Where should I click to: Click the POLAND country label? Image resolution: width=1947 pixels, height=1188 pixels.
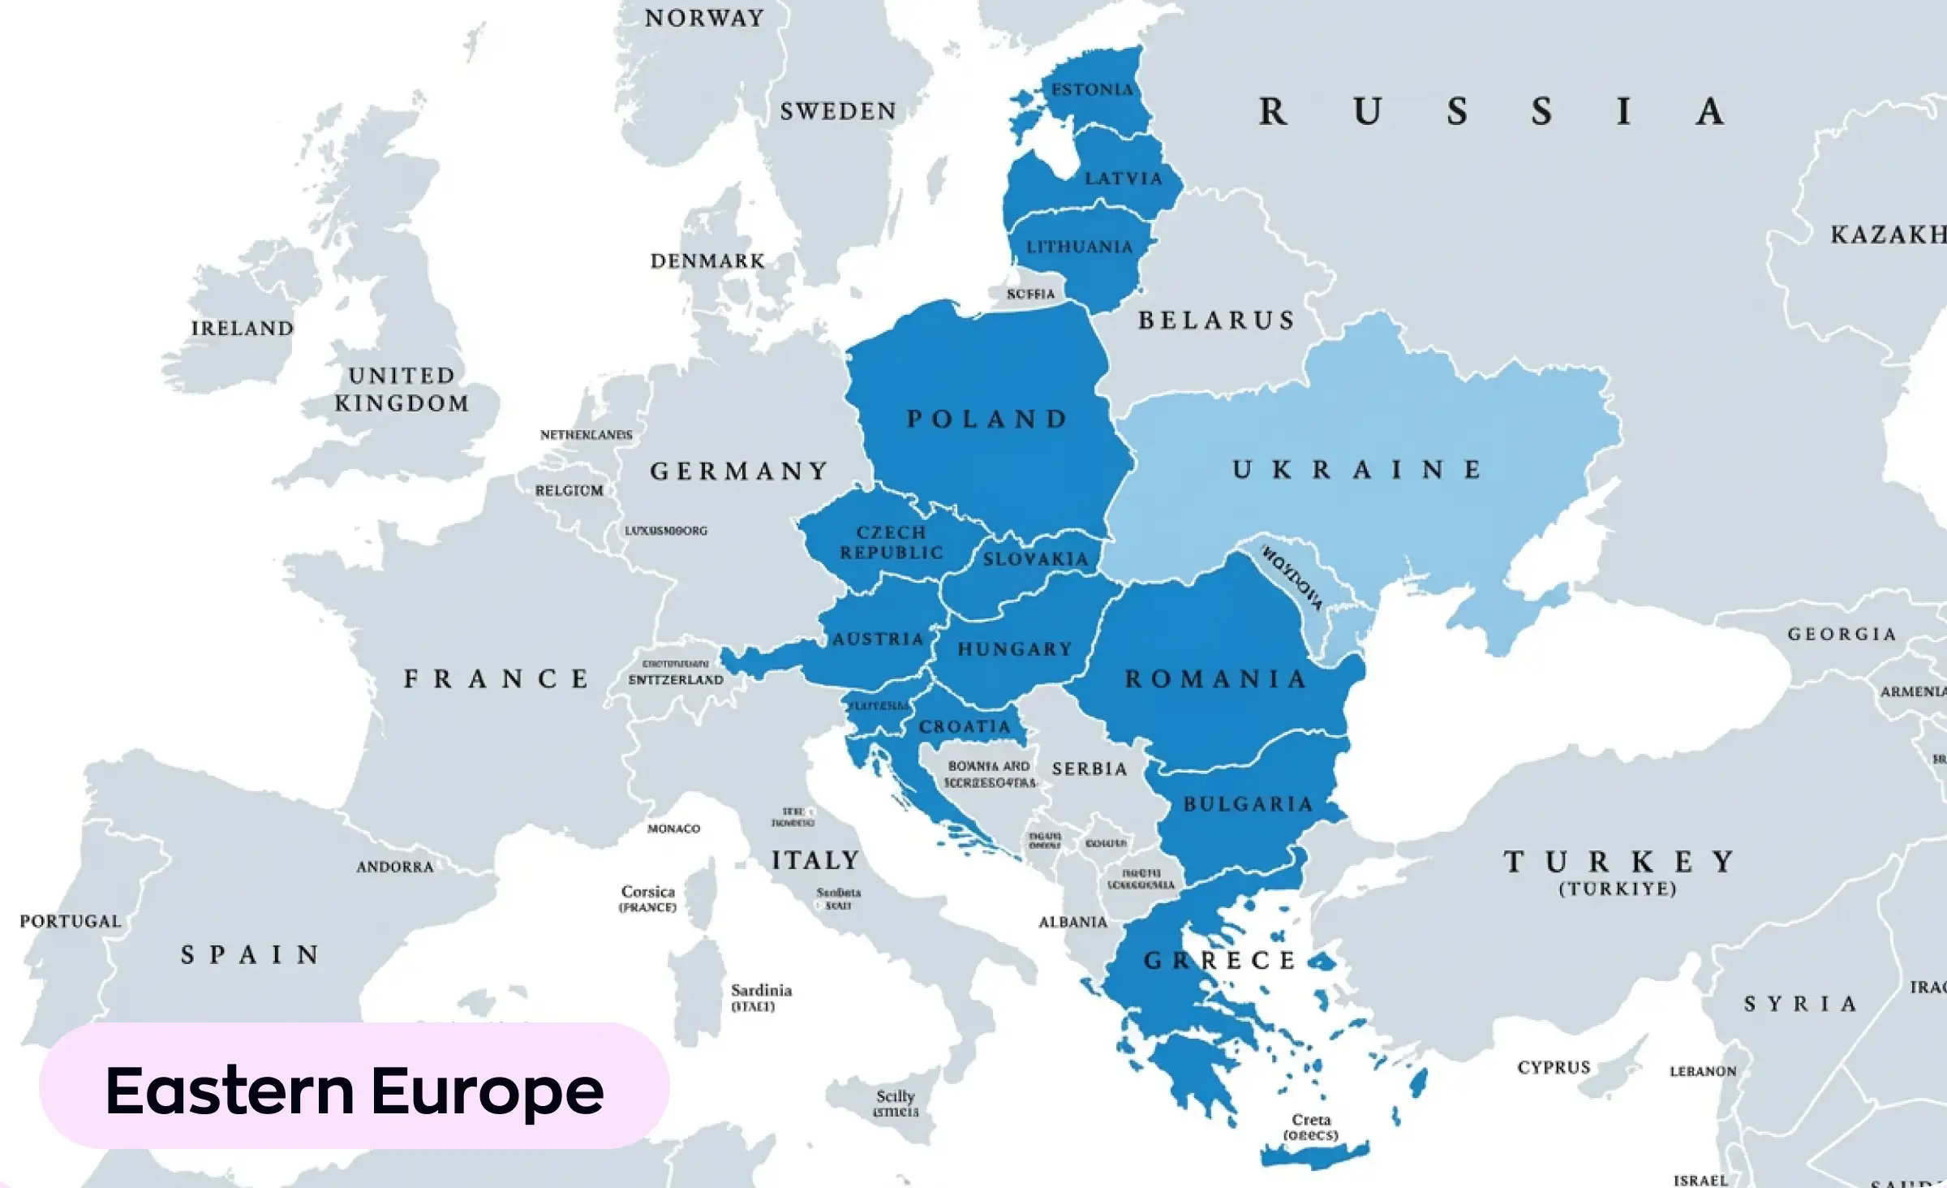click(986, 420)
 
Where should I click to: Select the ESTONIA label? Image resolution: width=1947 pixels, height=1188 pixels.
click(1092, 89)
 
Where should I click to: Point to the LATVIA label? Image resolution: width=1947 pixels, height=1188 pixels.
click(1124, 179)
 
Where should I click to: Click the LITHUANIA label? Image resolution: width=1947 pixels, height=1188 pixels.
click(1079, 247)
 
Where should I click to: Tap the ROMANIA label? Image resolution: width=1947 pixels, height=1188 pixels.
click(1215, 679)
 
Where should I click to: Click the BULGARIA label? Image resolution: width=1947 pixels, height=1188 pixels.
click(1248, 804)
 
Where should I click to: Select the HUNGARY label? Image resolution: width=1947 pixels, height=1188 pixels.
click(1015, 649)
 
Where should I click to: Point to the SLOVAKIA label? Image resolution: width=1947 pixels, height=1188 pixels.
click(1035, 559)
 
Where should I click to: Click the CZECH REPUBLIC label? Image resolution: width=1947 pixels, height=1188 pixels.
click(892, 542)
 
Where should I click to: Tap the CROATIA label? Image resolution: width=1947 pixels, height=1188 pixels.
click(965, 727)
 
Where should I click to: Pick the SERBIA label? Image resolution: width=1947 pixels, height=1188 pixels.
click(1090, 769)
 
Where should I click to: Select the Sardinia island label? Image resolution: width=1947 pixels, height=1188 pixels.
click(760, 991)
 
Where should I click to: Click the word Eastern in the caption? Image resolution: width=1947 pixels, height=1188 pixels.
click(230, 1090)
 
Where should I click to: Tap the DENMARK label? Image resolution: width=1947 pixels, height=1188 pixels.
click(707, 261)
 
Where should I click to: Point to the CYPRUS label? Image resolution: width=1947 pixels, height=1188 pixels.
click(1554, 1068)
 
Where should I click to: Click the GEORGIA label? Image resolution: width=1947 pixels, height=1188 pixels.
click(1842, 635)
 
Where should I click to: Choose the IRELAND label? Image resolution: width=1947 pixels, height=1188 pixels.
click(242, 329)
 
